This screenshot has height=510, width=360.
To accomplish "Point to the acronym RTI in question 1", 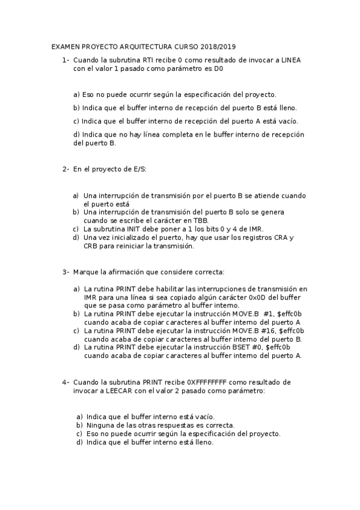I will (148, 60).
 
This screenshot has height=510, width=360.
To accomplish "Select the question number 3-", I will (66, 272).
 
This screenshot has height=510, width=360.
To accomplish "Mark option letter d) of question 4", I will (79, 442).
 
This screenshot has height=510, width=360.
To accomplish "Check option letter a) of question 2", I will (76, 195).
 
